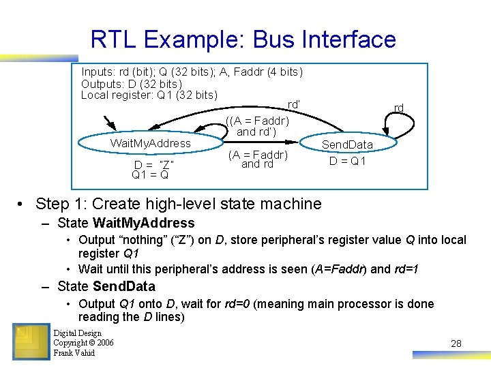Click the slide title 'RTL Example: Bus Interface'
point(243,39)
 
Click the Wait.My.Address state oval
point(151,143)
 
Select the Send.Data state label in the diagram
point(347,144)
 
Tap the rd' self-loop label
point(294,104)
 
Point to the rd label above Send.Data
point(399,108)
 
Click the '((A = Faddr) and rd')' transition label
point(257,126)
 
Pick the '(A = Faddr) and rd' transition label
point(257,159)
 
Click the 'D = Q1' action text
point(348,162)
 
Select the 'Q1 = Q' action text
point(151,175)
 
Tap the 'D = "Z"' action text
point(154,165)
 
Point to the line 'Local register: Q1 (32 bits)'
point(149,95)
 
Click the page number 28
point(456,343)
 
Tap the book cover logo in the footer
point(31,341)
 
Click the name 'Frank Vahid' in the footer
point(74,352)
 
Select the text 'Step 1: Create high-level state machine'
point(178,203)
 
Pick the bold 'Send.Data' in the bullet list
point(124,286)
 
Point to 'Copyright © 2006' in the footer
point(83,343)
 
